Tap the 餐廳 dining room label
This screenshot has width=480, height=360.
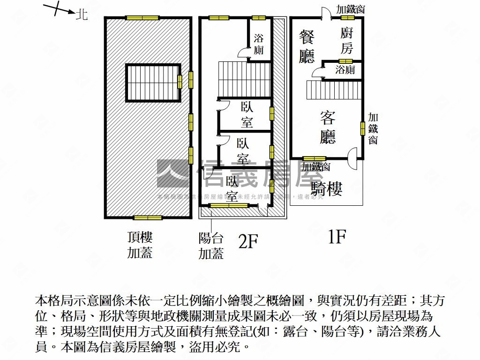pos(307,47)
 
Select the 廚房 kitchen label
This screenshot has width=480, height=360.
pos(346,40)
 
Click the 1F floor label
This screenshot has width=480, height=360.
pos(336,237)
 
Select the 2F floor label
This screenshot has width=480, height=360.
pos(248,241)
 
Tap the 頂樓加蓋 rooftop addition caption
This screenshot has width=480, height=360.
pos(140,245)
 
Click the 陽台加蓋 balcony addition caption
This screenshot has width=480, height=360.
pos(211,246)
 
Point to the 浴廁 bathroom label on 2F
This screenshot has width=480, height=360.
pos(258,44)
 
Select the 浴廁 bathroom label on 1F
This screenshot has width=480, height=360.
pos(345,70)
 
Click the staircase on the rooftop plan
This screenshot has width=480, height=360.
pos(152,82)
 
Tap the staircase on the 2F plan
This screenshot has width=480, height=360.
pos(244,79)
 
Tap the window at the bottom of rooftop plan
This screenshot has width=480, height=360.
pos(148,217)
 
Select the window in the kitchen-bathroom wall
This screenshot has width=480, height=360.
pos(345,61)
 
